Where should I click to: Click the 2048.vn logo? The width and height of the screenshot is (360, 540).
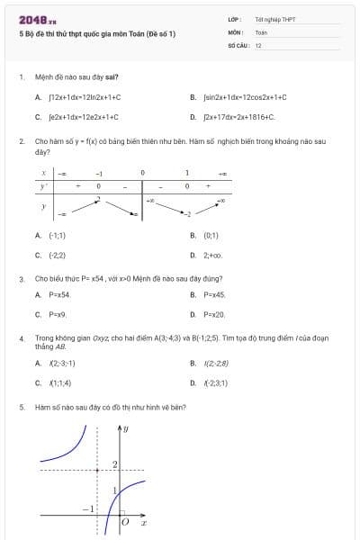click(x=38, y=21)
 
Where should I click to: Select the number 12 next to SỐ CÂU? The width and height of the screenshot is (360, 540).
click(x=258, y=44)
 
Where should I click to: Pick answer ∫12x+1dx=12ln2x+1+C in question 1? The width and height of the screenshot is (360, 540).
click(x=85, y=96)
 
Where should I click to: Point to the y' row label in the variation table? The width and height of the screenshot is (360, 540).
click(x=43, y=186)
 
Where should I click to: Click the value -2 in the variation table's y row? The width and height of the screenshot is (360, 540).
click(x=187, y=213)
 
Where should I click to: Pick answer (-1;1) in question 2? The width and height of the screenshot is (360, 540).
click(x=57, y=235)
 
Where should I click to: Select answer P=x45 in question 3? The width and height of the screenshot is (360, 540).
click(x=214, y=294)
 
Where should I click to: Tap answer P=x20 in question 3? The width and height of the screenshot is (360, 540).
click(x=214, y=314)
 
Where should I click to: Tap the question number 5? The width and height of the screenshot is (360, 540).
click(x=21, y=407)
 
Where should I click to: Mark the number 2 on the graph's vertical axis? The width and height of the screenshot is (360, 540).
click(x=114, y=463)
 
